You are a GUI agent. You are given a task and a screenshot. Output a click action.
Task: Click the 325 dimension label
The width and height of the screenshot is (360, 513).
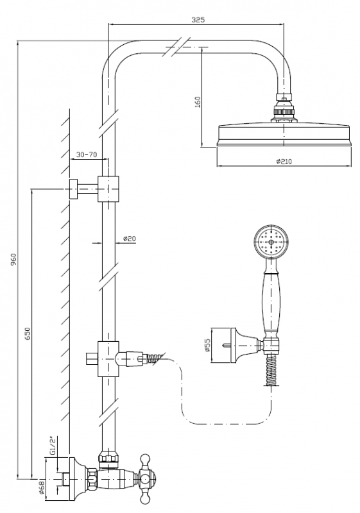point(198,20)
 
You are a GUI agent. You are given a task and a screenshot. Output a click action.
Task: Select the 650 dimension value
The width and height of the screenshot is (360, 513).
point(28,333)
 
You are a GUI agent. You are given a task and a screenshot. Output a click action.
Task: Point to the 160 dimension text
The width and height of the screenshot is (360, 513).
point(198,102)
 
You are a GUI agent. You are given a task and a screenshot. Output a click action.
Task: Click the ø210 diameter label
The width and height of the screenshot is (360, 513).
point(284,162)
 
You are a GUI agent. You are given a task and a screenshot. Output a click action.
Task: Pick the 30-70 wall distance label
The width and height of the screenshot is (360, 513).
point(87,155)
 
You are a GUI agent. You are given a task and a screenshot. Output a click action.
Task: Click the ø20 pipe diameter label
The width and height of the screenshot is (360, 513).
point(130,238)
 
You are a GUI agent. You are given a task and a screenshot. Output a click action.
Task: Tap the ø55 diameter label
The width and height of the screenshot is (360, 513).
point(207,345)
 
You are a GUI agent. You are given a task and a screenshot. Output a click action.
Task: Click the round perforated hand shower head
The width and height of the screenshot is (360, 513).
point(271,242)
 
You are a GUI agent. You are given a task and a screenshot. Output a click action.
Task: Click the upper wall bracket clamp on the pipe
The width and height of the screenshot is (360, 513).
point(108,189)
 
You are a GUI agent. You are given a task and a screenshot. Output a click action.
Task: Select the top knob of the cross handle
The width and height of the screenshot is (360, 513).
point(145,459)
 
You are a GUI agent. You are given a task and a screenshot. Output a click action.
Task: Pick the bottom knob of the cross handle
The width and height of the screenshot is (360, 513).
point(145,500)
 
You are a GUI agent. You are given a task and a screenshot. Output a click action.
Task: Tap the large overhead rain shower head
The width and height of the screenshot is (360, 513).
point(284,134)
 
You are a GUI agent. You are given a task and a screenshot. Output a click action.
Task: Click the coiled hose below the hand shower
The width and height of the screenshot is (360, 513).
point(271,371)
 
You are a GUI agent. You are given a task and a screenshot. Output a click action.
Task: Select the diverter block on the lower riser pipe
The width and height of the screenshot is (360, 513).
point(108,358)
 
